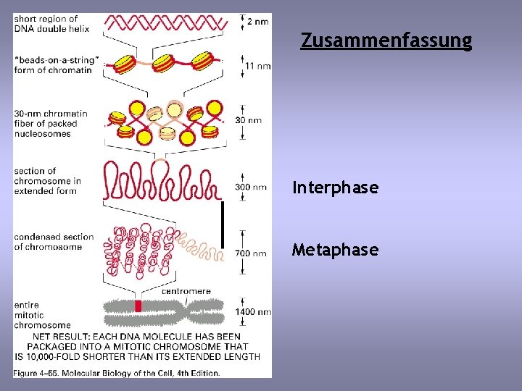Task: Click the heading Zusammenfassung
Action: point(386,41)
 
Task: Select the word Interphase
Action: point(335,188)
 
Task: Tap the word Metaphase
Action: point(335,251)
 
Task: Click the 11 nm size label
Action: point(258,66)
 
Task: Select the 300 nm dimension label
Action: point(251,188)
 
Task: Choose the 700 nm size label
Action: point(251,253)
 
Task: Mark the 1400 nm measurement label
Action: point(253,312)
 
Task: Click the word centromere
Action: point(186,291)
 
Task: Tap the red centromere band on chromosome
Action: point(138,306)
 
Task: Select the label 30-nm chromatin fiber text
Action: point(51,123)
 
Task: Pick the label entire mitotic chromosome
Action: point(42,316)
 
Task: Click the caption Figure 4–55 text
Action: point(117,373)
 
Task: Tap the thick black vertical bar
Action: point(223,224)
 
